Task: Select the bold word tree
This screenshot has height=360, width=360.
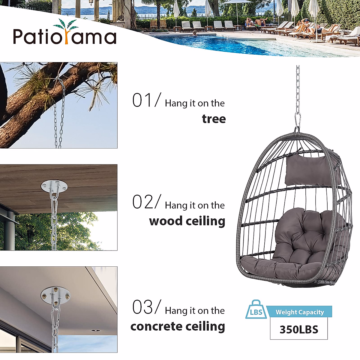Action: [214, 119]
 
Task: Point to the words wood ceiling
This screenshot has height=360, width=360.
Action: [187, 221]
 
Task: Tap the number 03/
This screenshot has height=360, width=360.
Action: [146, 307]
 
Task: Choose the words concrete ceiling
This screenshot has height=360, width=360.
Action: [178, 326]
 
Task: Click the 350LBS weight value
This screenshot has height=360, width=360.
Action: [299, 329]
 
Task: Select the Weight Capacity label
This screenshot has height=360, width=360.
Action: [300, 312]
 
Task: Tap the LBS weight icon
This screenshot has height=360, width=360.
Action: [256, 311]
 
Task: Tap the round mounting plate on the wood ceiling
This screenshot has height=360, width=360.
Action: [54, 187]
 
